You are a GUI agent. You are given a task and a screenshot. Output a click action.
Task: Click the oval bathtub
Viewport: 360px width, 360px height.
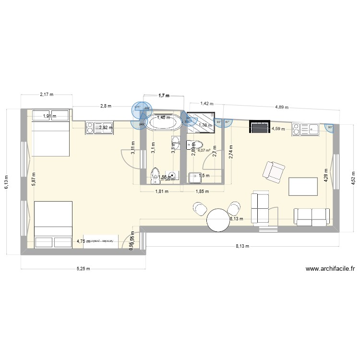point(164,123)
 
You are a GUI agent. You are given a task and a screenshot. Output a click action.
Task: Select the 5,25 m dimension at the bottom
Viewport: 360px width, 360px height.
point(83,269)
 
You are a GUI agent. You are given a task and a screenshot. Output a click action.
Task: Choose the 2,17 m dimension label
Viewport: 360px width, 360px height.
point(47,95)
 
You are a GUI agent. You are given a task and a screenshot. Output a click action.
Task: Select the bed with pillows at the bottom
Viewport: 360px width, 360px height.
point(53,225)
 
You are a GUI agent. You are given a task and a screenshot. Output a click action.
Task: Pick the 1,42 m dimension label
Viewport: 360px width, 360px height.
point(206,103)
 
